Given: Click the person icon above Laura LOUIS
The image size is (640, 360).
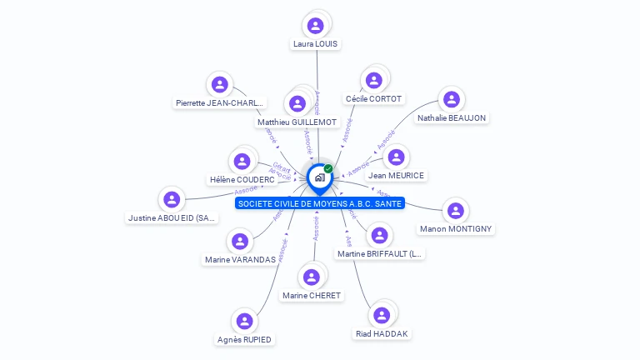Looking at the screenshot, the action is tap(315, 25).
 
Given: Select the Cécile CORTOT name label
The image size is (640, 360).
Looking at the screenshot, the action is tap(373, 98).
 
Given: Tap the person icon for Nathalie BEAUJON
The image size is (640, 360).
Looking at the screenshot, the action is tap(452, 99).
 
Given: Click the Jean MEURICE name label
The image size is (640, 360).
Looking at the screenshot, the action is tap(396, 175).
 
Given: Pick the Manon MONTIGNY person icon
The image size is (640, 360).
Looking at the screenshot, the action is tap(455, 210).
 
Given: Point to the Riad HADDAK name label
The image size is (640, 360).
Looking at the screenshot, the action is tap(382, 333).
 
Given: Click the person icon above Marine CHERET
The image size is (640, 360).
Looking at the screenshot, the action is tap(312, 277).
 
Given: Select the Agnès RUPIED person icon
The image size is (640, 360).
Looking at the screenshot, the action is tap(244, 321).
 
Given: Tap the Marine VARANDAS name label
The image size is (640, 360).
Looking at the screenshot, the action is tap(240, 259).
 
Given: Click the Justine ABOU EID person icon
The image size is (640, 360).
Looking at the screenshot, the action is tap(172, 199).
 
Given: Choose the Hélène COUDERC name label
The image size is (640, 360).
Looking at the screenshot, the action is tap(242, 179).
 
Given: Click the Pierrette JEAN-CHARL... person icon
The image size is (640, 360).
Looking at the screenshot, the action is tap(219, 84).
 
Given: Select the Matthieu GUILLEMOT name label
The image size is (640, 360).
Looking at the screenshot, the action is tap(297, 122).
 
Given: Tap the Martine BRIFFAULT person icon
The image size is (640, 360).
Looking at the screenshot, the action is tap(379, 235).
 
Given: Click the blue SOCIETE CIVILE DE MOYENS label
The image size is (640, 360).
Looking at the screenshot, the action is tap(319, 203).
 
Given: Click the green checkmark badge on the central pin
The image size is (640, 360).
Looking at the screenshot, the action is tap(328, 168).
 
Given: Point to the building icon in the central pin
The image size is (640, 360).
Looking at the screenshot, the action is tap(318, 177).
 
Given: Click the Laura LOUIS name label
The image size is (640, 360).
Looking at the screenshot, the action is tap(316, 43).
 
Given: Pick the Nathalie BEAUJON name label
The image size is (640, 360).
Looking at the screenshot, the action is tap(452, 117).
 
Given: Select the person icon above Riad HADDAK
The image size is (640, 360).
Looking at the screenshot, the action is tap(382, 315).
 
